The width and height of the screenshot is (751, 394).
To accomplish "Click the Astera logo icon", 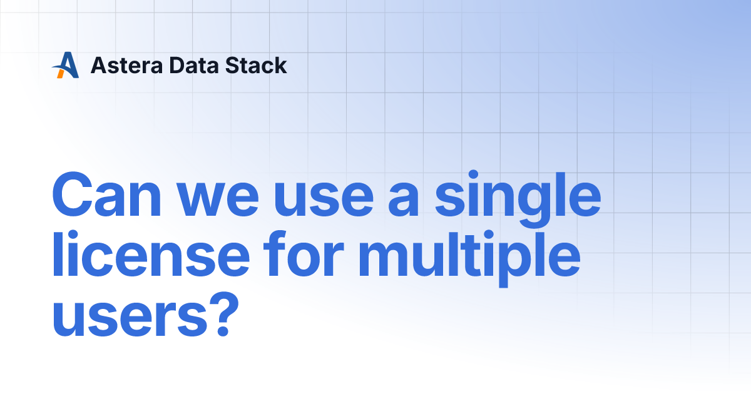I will pos(65,65).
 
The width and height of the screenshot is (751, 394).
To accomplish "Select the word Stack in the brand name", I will pos(255,65).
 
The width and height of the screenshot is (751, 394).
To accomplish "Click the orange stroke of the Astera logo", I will pos(61,73).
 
